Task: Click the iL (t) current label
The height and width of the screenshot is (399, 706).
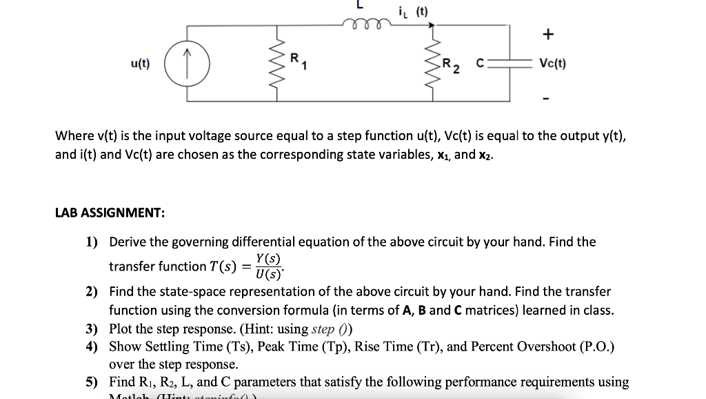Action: tap(414, 12)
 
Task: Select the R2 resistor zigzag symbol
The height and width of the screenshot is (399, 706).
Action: tap(432, 64)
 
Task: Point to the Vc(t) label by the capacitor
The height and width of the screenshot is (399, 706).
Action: tap(553, 64)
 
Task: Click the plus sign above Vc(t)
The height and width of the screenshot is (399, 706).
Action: tap(548, 34)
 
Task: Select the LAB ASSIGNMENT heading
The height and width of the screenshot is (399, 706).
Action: tap(110, 213)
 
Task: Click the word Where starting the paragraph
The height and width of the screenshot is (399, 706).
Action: tap(72, 136)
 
